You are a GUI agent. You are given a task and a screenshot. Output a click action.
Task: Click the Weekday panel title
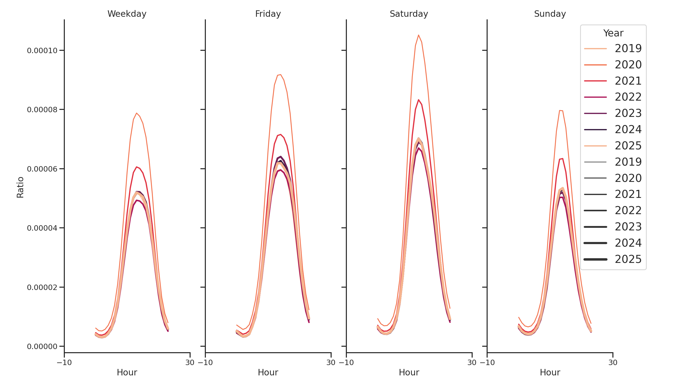[x=127, y=14]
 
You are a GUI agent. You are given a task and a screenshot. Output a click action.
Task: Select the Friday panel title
[x=268, y=14]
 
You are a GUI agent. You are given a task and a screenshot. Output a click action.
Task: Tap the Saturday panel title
[x=409, y=14]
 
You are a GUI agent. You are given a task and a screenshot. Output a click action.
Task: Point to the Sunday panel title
[x=550, y=14]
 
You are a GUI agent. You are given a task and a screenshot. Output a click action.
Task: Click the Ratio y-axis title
[x=20, y=187]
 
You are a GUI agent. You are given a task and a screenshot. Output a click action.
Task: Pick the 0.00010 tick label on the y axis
[x=42, y=51]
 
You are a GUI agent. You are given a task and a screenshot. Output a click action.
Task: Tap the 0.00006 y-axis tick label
[x=42, y=169]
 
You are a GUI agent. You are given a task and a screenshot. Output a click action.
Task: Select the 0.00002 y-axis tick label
[x=42, y=287]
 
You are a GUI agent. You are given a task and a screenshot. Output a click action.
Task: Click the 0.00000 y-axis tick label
[x=42, y=346]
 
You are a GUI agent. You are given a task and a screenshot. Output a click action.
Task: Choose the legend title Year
[x=613, y=33]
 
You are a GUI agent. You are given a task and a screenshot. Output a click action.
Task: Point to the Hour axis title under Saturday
[x=409, y=372]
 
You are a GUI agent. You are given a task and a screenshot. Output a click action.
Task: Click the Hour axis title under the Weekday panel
[x=127, y=372]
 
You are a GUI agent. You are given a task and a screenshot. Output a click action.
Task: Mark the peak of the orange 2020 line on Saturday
[x=418, y=35]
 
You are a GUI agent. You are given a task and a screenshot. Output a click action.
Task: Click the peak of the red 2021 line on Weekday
[x=137, y=167]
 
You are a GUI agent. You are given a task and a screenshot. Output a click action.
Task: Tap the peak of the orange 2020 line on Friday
[x=280, y=75]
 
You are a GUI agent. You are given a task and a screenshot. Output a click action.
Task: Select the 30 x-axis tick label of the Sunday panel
[x=613, y=362]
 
